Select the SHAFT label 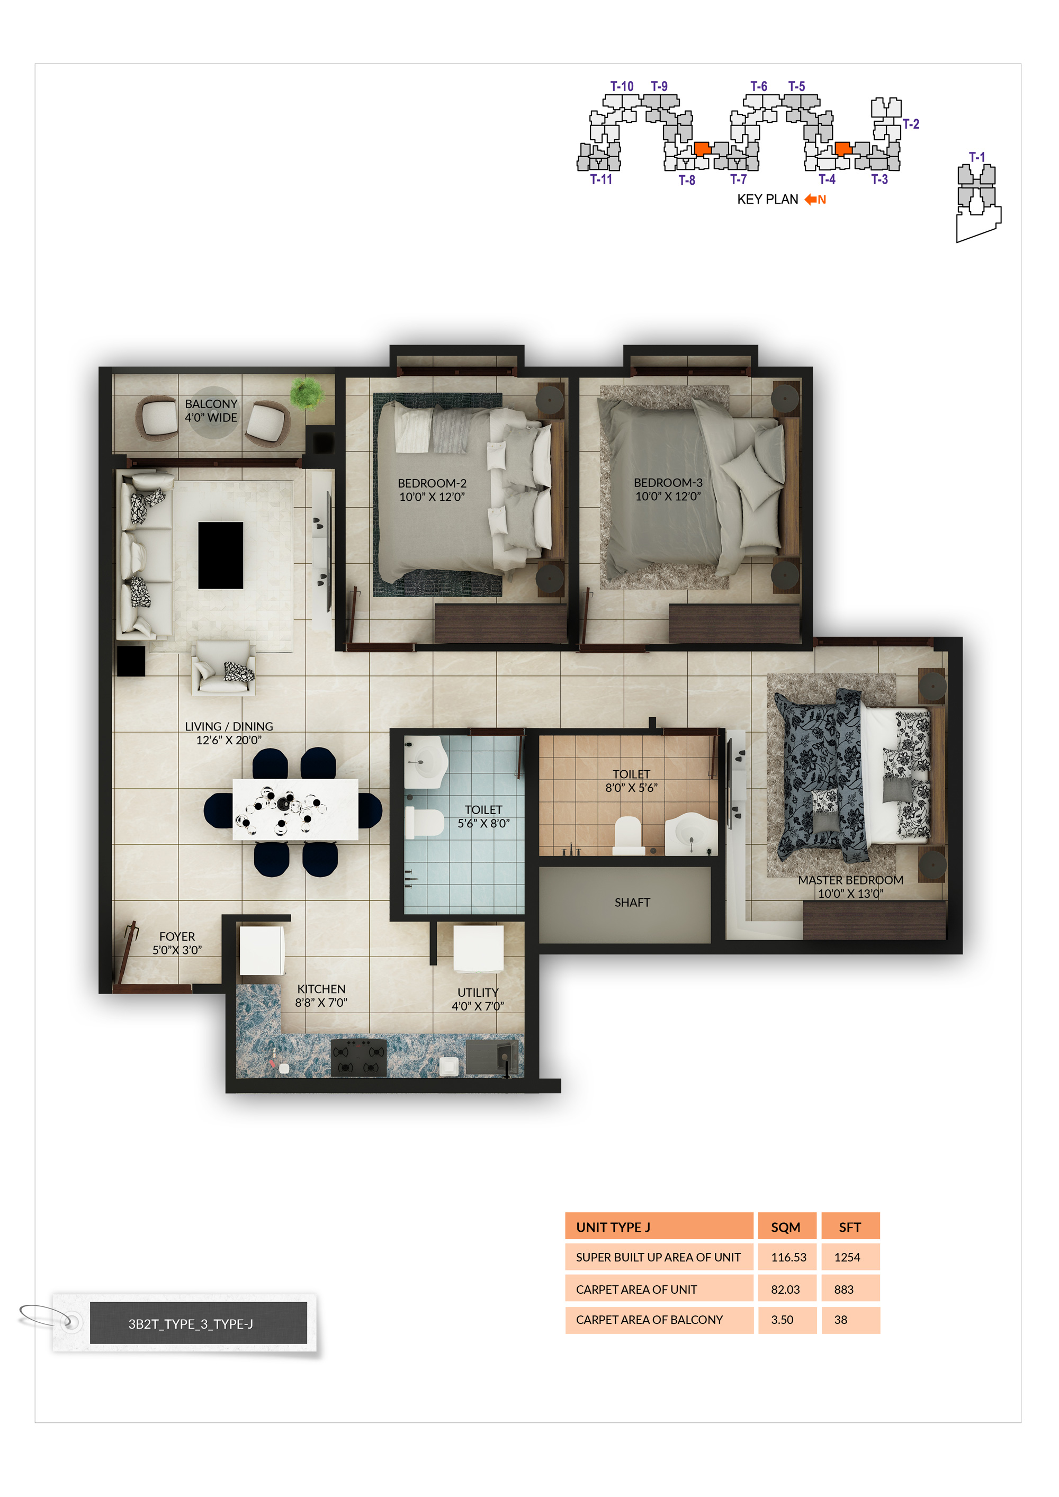(632, 903)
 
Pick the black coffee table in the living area (220, 555)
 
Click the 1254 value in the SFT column (847, 1257)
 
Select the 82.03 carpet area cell (785, 1289)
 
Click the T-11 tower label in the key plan (600, 179)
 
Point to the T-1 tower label (976, 157)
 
